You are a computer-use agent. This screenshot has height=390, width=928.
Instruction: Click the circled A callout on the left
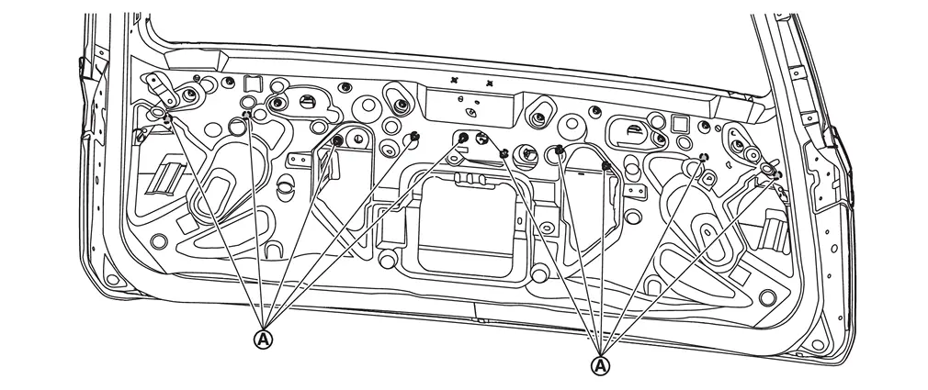click(264, 340)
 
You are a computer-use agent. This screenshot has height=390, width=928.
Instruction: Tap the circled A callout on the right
click(600, 365)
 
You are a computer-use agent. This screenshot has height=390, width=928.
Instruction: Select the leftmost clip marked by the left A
click(167, 119)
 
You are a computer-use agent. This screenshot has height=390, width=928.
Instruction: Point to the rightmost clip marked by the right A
click(776, 175)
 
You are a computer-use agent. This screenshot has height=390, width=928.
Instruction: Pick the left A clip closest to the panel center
click(463, 139)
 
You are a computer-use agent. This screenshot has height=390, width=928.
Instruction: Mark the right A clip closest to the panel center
click(504, 153)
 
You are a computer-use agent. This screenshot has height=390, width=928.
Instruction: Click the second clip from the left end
click(247, 114)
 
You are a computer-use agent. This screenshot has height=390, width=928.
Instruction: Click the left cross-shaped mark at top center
click(455, 79)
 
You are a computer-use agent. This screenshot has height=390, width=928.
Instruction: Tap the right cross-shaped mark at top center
click(489, 84)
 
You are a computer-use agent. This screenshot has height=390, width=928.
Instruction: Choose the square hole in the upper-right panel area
click(679, 124)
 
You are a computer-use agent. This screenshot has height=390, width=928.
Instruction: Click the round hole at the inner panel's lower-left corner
click(159, 241)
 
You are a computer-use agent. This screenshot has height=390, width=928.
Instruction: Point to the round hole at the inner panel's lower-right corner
click(767, 297)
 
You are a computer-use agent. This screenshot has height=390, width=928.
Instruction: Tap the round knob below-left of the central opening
click(387, 258)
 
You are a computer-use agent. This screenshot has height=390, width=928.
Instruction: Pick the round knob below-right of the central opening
click(539, 273)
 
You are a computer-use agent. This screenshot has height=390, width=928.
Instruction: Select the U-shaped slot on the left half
click(273, 251)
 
